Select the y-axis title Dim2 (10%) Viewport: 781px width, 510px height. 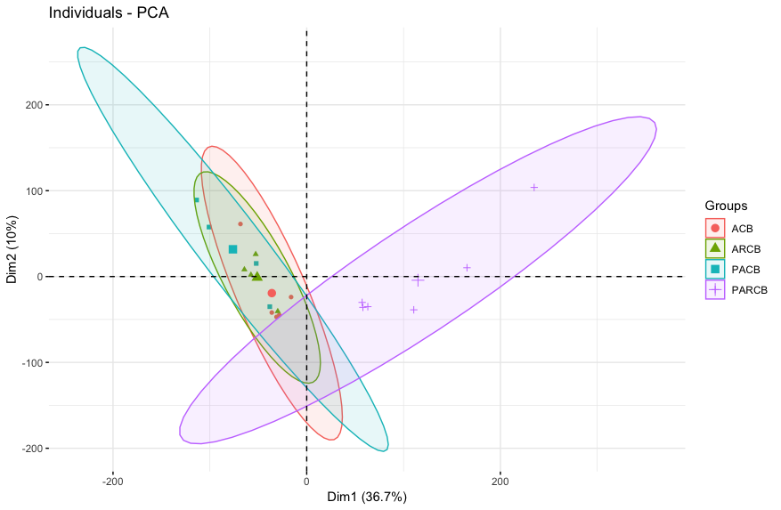coord(12,249)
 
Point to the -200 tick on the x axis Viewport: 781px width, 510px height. coord(113,482)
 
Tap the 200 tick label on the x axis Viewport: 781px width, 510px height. coord(500,482)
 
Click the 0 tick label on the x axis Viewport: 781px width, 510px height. coord(306,482)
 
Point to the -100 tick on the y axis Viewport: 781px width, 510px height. coord(26,362)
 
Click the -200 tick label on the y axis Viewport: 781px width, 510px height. coord(26,448)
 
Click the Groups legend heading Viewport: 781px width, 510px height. coord(726,206)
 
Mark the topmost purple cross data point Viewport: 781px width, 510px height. coord(534,187)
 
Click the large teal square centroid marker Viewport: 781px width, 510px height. coord(233,249)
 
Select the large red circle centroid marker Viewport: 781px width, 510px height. coord(272,293)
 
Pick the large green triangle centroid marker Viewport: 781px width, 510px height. coord(257,276)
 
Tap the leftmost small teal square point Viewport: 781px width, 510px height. coord(197,200)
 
